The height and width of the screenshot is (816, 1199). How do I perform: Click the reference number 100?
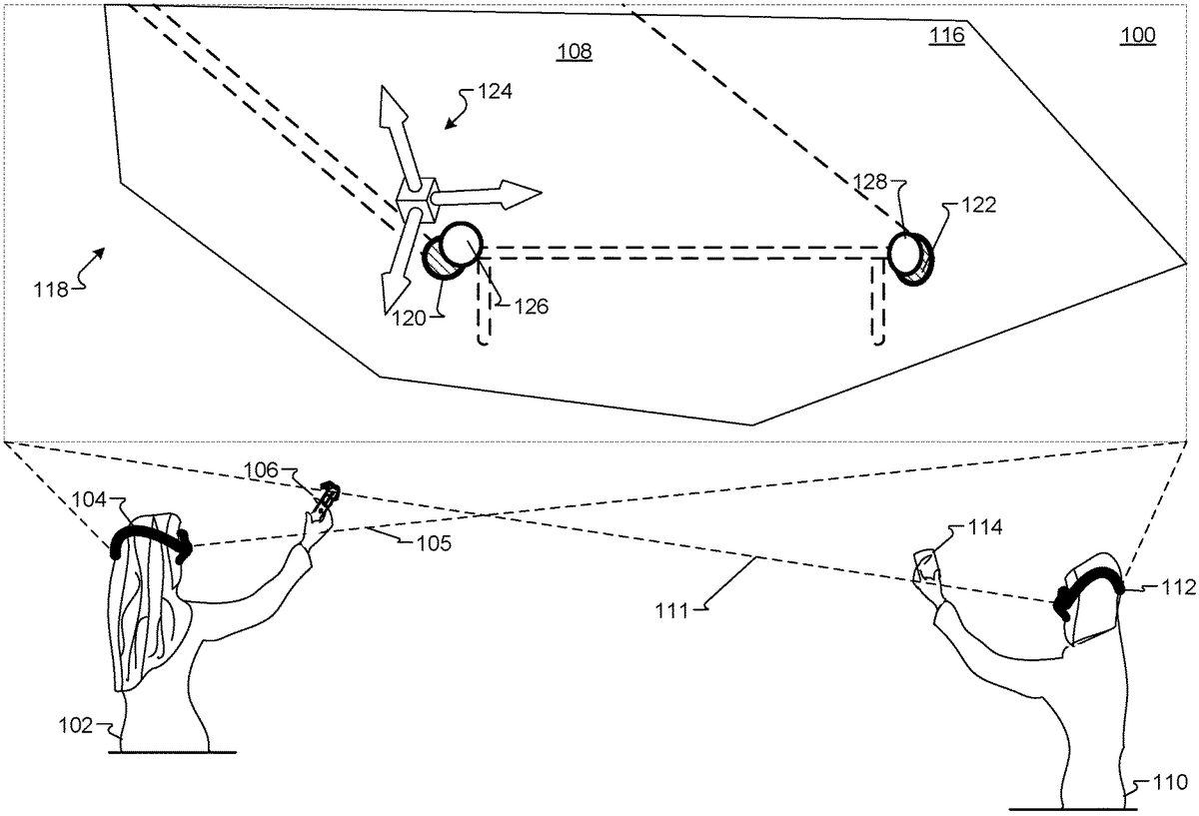(x=1138, y=36)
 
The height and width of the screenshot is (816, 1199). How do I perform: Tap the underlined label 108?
(x=576, y=51)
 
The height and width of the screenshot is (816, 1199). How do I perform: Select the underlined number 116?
(x=946, y=36)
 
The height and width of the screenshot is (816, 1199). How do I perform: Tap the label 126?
(x=531, y=307)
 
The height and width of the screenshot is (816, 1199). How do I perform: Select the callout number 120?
(x=410, y=319)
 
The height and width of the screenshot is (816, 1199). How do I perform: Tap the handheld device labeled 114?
(x=926, y=566)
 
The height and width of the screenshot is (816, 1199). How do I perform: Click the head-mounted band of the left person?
(x=150, y=537)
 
